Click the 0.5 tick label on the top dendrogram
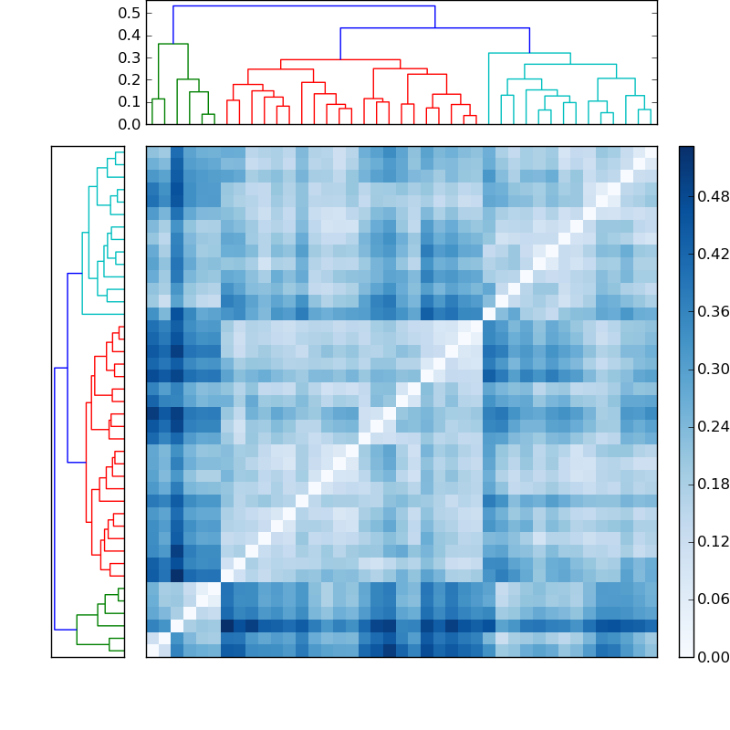point(130,13)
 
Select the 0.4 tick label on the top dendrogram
point(130,36)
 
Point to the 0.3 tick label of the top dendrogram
point(130,57)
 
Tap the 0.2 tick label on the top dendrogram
point(130,79)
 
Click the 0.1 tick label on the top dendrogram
point(130,101)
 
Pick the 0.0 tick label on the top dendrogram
point(130,124)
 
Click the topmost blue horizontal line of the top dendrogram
point(304,6)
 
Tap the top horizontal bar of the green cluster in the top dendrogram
point(172,44)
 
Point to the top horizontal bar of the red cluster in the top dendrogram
point(339,59)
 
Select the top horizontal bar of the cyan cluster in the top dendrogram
point(529,53)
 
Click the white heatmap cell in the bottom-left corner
point(152,651)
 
